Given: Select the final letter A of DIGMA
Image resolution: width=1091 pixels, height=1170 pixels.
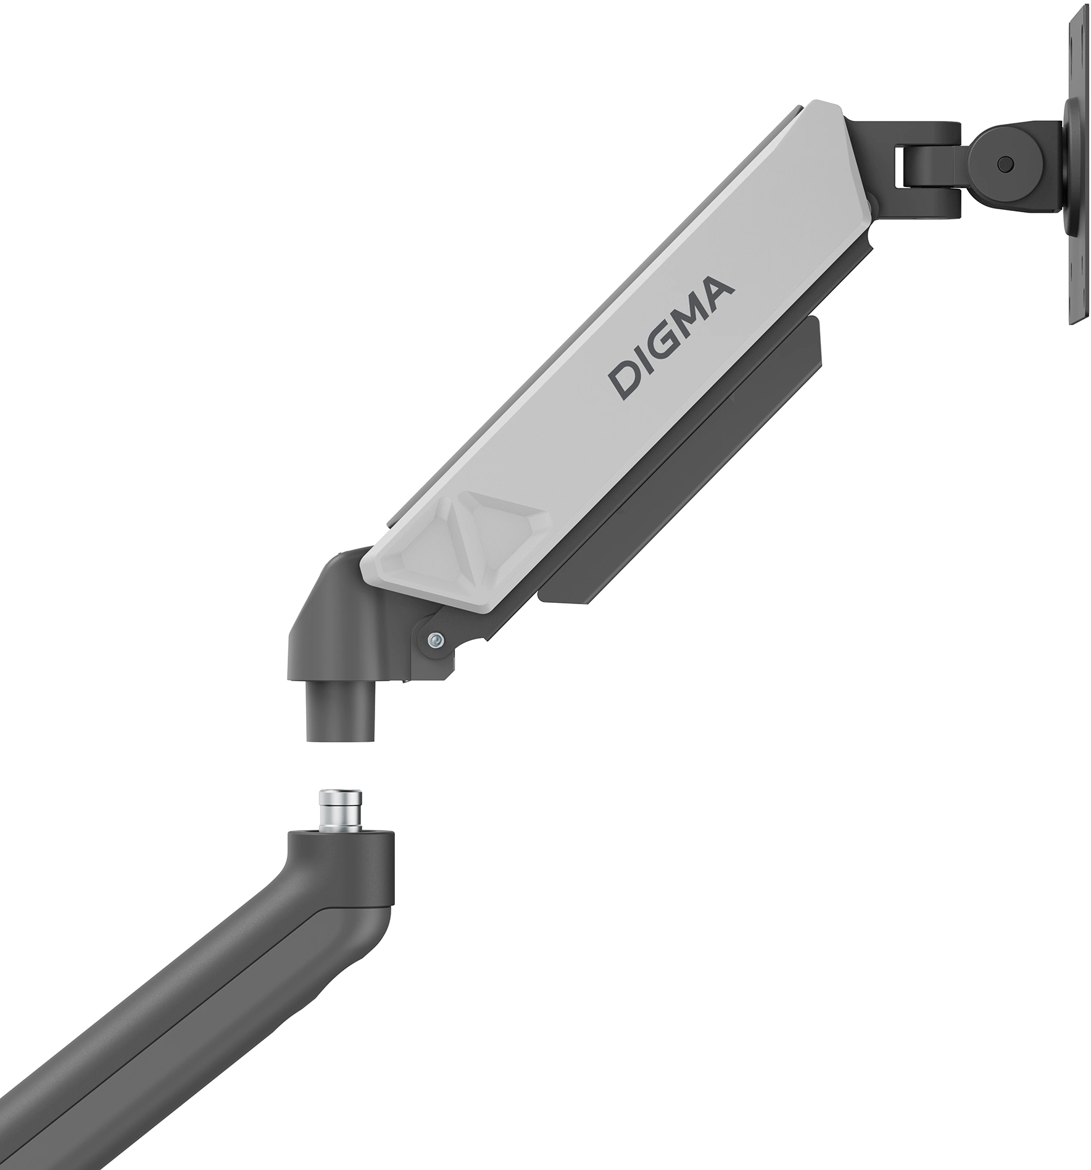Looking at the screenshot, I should [719, 289].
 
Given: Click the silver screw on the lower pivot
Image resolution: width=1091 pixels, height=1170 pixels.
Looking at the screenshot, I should [435, 641].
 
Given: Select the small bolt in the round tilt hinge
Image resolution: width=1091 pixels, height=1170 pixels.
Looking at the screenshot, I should [1006, 164].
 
